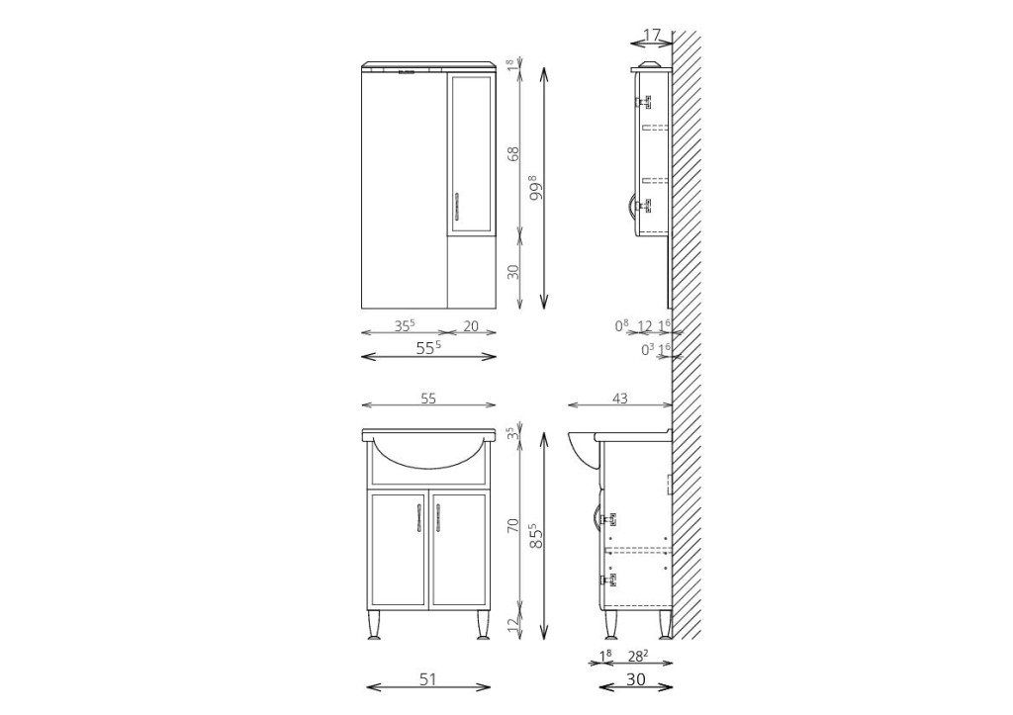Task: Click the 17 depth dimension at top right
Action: (x=653, y=35)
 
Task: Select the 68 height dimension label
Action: (x=513, y=154)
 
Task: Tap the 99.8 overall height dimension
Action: (x=535, y=187)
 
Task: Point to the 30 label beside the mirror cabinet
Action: (x=513, y=272)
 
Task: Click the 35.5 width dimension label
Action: (x=405, y=325)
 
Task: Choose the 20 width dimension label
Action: (x=471, y=326)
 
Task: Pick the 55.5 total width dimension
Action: (x=428, y=347)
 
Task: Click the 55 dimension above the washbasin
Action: (x=428, y=399)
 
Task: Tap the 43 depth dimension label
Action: (x=619, y=399)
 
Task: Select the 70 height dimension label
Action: (x=513, y=524)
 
